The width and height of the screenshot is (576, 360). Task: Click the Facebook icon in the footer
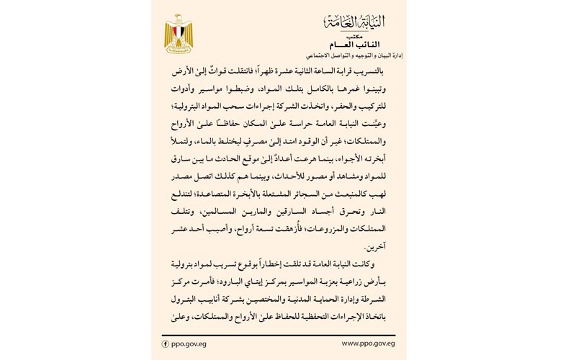(x=166, y=343)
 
